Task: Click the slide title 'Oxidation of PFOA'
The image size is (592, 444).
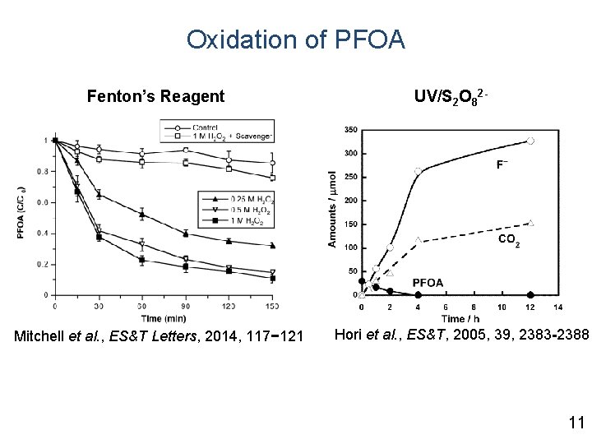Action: click(295, 39)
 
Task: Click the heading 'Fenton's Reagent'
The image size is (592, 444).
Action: click(155, 96)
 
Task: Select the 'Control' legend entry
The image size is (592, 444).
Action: click(205, 127)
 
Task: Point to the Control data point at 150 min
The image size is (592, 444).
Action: click(273, 163)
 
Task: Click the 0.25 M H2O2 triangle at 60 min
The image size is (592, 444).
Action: click(142, 215)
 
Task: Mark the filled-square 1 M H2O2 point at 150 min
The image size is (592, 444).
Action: click(273, 279)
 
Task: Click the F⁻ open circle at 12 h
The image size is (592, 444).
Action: click(531, 141)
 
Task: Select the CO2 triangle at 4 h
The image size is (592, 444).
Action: click(418, 240)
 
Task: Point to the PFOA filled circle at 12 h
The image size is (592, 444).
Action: click(531, 294)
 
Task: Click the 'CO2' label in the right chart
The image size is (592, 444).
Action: click(508, 240)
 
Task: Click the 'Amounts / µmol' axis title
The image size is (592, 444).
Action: click(332, 210)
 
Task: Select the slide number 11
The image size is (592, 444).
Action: click(575, 423)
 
